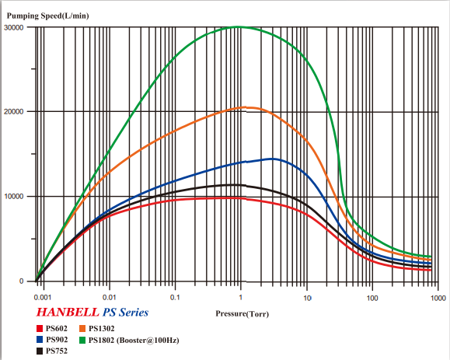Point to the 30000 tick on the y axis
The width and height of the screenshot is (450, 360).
point(15,27)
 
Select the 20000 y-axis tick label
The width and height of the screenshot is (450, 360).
point(15,112)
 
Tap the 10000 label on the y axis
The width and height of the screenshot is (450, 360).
point(15,196)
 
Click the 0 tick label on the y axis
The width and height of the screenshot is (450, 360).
point(22,281)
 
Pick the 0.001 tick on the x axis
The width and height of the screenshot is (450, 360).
point(42,298)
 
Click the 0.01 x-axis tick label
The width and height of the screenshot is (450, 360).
point(110,298)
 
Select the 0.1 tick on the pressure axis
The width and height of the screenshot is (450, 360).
point(176,298)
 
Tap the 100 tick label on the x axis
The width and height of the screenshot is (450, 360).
point(373,298)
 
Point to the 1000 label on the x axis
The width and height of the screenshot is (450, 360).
point(438,298)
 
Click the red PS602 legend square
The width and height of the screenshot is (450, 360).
point(40,329)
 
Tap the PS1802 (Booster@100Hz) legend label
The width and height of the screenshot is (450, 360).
point(134,340)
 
